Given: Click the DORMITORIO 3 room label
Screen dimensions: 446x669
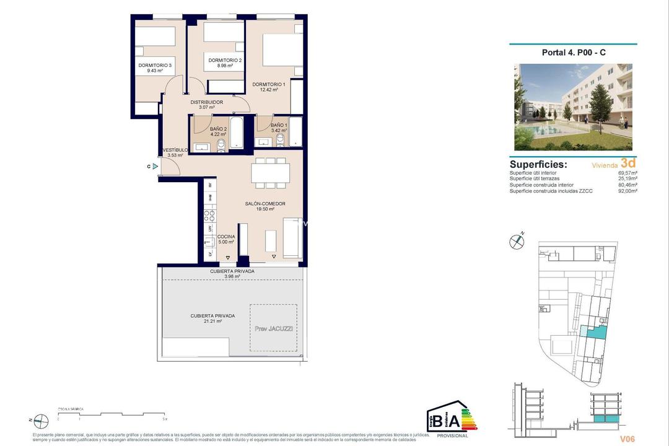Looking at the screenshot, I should (154, 65).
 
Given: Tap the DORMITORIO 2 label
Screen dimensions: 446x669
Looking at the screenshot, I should (225, 60).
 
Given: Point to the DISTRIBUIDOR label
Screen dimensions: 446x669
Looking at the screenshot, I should (206, 102).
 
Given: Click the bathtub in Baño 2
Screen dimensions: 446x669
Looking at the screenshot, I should (237, 133).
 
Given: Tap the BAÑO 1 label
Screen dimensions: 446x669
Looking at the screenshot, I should (279, 125).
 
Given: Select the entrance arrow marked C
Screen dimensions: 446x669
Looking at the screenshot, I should (155, 166).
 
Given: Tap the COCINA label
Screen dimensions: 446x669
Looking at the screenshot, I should (225, 236).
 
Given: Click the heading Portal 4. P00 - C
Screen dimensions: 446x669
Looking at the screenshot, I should (574, 53).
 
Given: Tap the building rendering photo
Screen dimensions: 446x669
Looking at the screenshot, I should (573, 107).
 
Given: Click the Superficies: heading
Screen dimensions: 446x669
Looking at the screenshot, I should (538, 165).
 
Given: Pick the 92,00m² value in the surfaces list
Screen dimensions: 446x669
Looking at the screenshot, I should (627, 191).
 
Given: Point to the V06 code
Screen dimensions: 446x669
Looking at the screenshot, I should (627, 439).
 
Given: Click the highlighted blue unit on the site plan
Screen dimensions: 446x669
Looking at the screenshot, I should (595, 333).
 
